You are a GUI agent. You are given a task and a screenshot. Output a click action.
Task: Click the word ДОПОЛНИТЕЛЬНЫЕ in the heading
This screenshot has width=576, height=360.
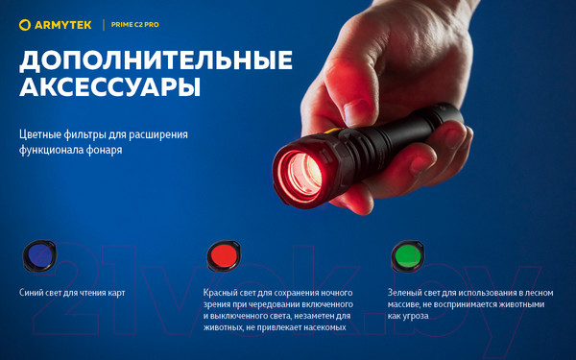pos(156,60)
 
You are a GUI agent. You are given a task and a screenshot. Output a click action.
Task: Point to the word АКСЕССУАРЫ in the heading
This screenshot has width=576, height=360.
pos(110,89)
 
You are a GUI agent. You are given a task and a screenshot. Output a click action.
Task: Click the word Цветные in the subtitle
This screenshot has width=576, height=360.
pos(41,134)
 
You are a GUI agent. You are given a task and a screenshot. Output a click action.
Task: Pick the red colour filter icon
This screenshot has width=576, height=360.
pos(220,255)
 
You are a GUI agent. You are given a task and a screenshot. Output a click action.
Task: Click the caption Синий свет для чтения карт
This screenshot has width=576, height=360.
pos(72,292)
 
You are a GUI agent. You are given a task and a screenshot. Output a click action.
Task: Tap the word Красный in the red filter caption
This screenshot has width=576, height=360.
pos(223,292)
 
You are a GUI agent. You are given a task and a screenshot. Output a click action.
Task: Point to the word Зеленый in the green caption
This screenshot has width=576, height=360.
pos(407,292)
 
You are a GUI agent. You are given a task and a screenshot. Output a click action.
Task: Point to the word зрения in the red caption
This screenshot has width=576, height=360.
pos(220,303)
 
